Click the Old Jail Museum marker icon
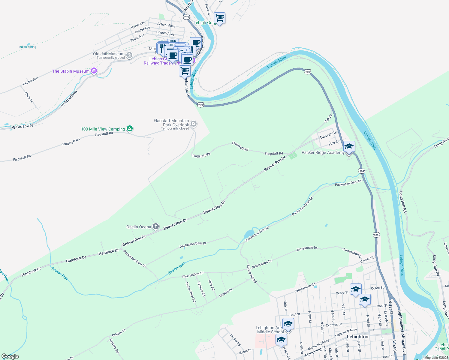tap(129, 55)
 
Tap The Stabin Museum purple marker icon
tap(94, 71)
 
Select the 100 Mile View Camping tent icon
tap(130, 129)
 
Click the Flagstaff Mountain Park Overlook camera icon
tap(194, 124)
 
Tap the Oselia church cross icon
tap(155, 226)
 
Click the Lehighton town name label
tap(357, 337)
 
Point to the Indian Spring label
tap(27, 47)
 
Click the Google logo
tap(10, 356)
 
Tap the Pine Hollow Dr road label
tap(193, 275)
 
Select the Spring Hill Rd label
tap(252, 274)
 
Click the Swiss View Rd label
tap(191, 292)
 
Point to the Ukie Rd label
tap(212, 285)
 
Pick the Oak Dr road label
tap(328, 118)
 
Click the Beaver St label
tap(328, 135)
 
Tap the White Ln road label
tap(29, 97)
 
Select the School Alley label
tap(166, 25)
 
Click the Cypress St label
tap(334, 325)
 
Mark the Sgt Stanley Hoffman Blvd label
tap(402, 333)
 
